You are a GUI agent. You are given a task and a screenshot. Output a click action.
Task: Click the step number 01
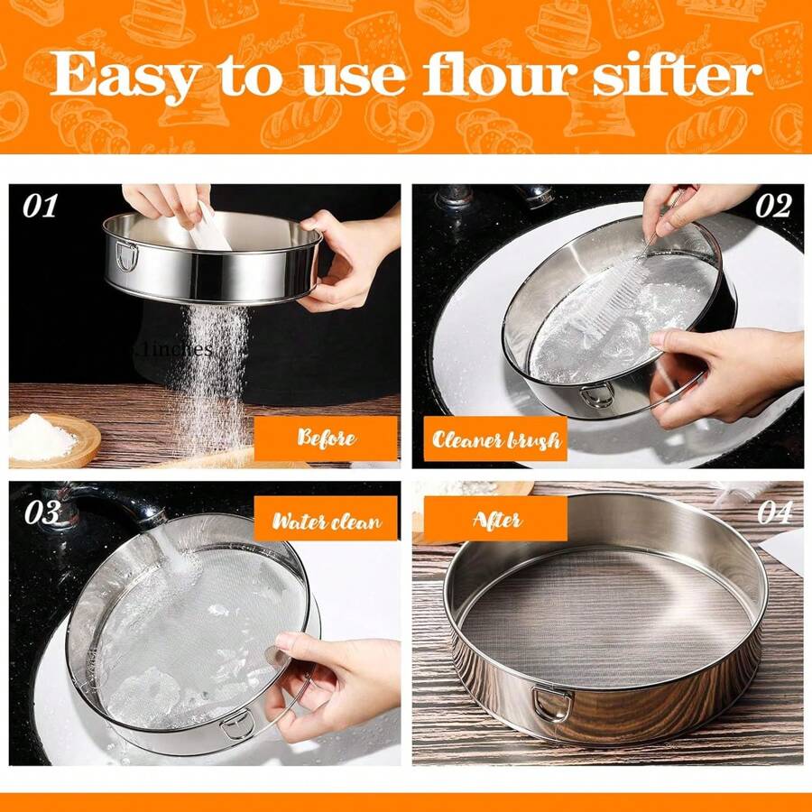pyautogui.click(x=40, y=207)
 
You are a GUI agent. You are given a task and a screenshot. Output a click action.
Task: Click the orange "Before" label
pyautogui.click(x=326, y=439)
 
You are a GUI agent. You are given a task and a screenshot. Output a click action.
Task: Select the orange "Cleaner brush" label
pyautogui.click(x=495, y=440)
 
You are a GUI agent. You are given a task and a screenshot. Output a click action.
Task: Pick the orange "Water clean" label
pyautogui.click(x=326, y=521)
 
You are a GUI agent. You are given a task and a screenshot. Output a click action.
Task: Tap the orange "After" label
pyautogui.click(x=495, y=520)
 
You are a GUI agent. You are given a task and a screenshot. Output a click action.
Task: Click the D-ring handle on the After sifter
pyautogui.click(x=549, y=701)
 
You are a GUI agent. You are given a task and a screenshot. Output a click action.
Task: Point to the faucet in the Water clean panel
pyautogui.click(x=108, y=505)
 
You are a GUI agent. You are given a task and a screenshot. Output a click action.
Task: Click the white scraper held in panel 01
pyautogui.click(x=210, y=227)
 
